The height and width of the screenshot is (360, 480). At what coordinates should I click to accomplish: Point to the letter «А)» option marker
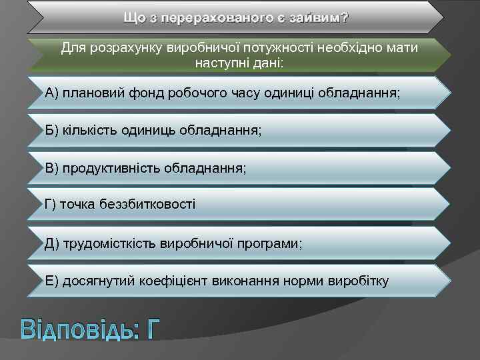point(52,91)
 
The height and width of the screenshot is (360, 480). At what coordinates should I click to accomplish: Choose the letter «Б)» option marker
point(52,129)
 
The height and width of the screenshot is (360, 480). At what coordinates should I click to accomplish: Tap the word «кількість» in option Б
point(90,129)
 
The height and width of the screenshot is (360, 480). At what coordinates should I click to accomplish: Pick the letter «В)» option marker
point(52,167)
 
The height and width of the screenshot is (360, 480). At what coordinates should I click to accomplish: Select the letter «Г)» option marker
point(51,203)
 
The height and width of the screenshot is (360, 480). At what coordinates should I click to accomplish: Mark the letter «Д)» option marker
point(52,243)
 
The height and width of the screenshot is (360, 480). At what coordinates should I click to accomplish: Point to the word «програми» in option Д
point(275,243)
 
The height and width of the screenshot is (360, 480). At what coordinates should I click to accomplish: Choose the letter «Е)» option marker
point(52,281)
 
